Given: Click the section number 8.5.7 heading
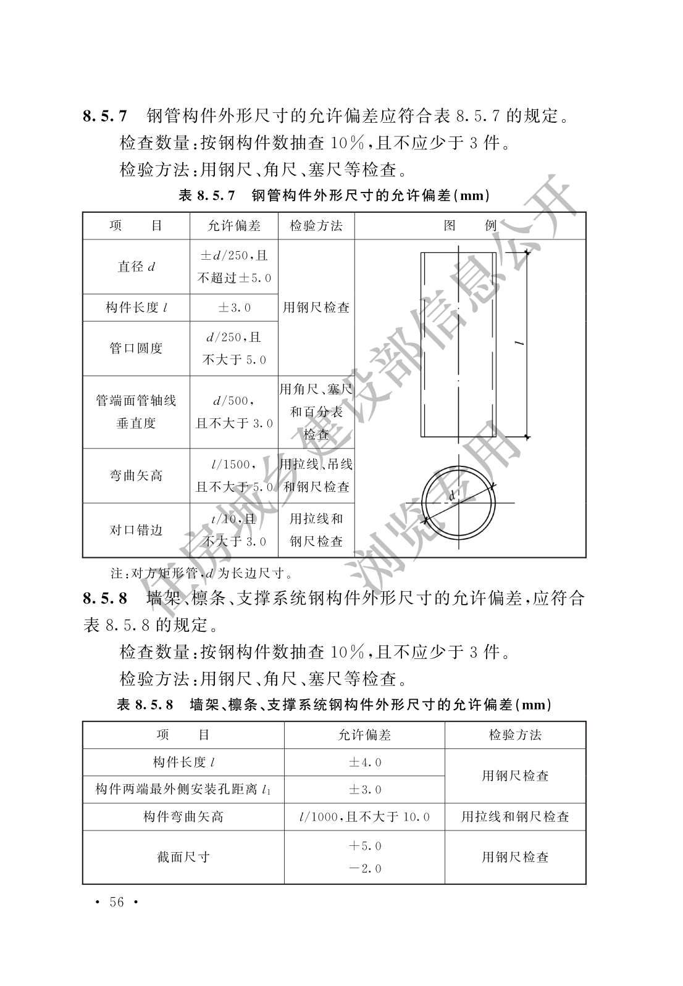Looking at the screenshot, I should pyautogui.click(x=105, y=115).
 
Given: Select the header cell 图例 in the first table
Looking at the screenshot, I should pyautogui.click(x=470, y=226).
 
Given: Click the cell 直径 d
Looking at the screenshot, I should pyautogui.click(x=136, y=267).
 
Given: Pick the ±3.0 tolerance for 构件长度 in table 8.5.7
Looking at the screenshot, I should pyautogui.click(x=234, y=307).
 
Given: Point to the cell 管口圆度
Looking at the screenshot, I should pyautogui.click(x=136, y=348).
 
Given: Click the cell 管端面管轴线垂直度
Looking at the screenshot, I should pyautogui.click(x=136, y=412).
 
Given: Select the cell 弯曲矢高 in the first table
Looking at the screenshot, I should pyautogui.click(x=136, y=476).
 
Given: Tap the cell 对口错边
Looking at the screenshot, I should pyautogui.click(x=136, y=530).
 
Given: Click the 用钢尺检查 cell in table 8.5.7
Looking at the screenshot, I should pyautogui.click(x=316, y=307).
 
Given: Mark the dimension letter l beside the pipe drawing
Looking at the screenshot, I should pyautogui.click(x=522, y=343).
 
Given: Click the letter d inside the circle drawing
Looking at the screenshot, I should pyautogui.click(x=452, y=495).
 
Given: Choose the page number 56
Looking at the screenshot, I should pyautogui.click(x=116, y=902).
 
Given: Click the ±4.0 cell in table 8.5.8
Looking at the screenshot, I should pyautogui.click(x=364, y=763).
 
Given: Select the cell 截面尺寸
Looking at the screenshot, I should pyautogui.click(x=183, y=857).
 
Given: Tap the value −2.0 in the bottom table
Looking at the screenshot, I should pyautogui.click(x=364, y=869).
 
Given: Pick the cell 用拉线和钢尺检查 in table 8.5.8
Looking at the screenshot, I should pyautogui.click(x=515, y=817).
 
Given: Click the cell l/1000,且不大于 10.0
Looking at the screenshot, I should pyautogui.click(x=364, y=817).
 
